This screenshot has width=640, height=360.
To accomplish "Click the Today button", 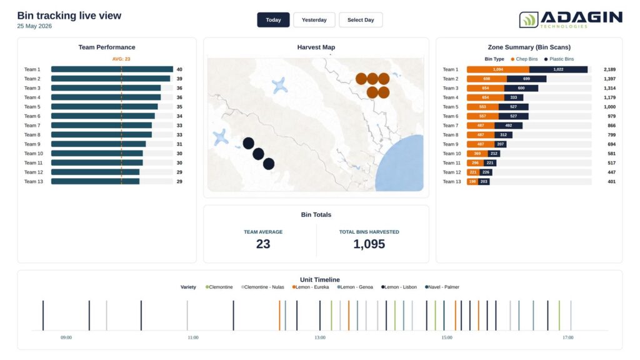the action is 273,20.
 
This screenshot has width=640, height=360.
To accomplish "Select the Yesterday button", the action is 314,20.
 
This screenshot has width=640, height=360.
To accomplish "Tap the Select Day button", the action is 361,20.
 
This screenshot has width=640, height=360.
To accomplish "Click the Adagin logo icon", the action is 529,19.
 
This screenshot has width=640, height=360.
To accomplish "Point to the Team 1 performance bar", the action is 112,69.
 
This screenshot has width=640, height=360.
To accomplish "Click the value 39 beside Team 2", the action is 179,79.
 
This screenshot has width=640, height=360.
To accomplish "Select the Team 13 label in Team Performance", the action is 34,182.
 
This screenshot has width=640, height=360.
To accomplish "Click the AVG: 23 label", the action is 121,59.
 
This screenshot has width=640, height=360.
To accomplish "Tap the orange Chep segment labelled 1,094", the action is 498,69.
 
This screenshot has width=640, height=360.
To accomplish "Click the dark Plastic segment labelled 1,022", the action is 558,69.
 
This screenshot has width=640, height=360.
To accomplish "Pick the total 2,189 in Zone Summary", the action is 609,69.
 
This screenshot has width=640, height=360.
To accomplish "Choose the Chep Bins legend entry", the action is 524,59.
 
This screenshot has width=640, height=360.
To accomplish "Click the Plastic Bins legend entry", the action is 559,59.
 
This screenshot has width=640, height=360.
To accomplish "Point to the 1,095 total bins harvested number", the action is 369,244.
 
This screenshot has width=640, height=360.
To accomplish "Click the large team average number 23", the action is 263,244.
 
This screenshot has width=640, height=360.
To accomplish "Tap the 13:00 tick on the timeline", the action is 320,337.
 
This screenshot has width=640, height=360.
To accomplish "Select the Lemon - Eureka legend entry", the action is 311,287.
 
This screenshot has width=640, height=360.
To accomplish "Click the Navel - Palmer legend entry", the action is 442,287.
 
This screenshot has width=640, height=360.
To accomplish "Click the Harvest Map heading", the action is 316,47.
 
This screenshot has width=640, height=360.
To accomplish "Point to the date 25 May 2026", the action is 34,26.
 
